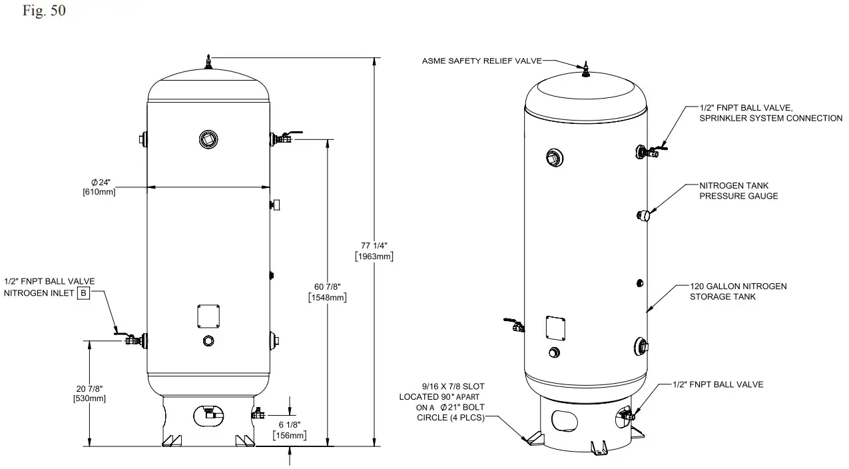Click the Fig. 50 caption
(44, 11)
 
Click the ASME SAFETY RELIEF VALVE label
(481, 61)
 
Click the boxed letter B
(83, 293)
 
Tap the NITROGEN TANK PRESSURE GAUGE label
(738, 191)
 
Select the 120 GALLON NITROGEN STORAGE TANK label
(738, 291)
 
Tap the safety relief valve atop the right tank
(586, 69)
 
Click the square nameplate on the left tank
(208, 316)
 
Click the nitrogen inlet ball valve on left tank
(133, 340)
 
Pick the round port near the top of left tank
(208, 139)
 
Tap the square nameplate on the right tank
(555, 327)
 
